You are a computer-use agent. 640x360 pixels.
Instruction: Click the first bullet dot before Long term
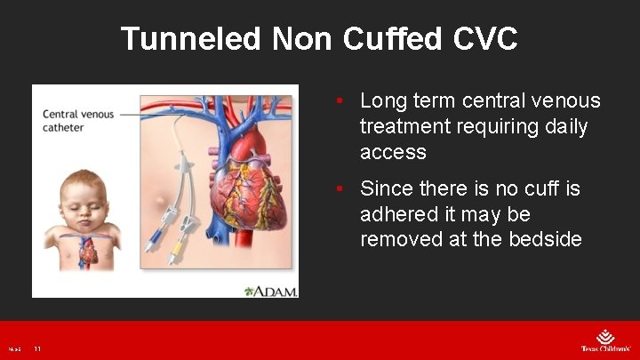340,101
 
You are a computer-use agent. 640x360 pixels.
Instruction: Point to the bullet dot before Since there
340,188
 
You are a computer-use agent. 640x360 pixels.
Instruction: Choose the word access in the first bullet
393,153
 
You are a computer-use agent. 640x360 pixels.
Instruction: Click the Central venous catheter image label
78,121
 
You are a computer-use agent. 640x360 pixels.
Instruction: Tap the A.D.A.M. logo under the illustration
270,290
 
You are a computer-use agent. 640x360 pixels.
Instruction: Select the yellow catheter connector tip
176,252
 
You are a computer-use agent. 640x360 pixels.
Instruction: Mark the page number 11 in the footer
37,349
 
